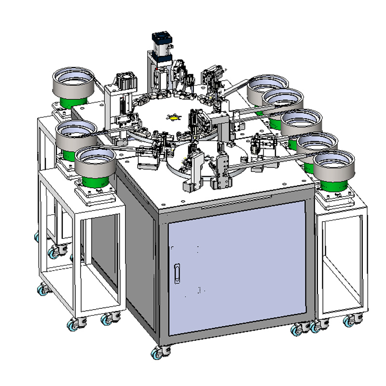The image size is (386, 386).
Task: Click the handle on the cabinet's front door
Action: pyautogui.click(x=178, y=273)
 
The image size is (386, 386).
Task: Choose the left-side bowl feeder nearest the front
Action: pyautogui.click(x=95, y=163)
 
